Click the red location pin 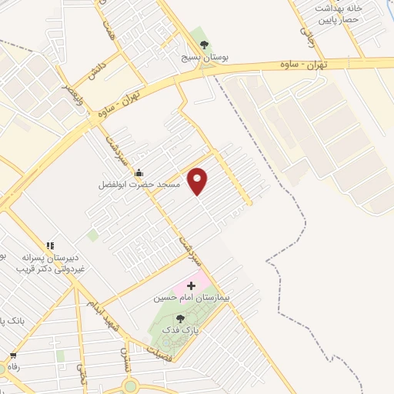(199, 181)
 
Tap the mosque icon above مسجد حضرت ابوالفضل (139, 172)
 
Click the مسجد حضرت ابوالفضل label (139, 185)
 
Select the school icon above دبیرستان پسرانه (50, 245)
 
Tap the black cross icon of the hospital (192, 285)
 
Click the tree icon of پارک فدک (180, 318)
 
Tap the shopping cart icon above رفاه (13, 356)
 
